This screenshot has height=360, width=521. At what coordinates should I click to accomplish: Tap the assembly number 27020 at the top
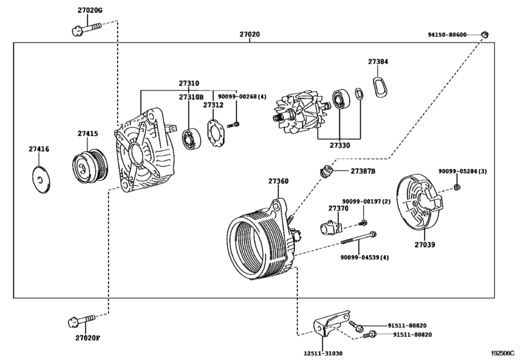point(250,33)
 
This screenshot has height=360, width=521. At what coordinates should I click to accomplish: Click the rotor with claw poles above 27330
point(299,116)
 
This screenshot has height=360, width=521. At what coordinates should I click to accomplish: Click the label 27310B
point(190,96)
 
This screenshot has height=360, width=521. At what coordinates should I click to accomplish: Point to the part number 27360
point(278,182)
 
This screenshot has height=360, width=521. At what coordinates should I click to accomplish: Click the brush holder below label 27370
point(331,227)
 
